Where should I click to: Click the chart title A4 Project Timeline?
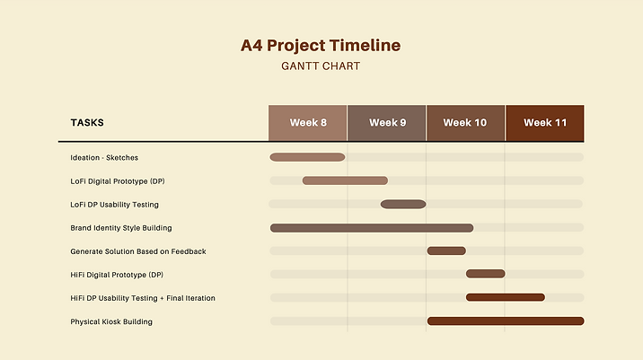pos(321,46)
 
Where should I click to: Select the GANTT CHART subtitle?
pos(321,66)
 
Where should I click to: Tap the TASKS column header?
pos(87,123)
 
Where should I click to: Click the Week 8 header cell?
pos(308,123)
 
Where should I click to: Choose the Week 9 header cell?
pos(387,123)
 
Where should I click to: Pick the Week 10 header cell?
pos(465,123)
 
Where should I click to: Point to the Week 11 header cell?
pos(545,123)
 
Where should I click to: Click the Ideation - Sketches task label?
pos(104,158)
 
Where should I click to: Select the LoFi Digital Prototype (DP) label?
pos(118,181)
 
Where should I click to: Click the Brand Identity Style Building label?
pos(121,228)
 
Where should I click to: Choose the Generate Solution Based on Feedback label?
pos(138,251)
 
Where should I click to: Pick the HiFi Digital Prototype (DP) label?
pos(118,275)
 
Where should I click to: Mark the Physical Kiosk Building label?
pos(111,321)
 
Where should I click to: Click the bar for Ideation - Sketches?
pos(307,157)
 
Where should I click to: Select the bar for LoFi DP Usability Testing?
pos(403,204)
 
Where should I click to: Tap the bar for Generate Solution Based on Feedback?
pos(446,250)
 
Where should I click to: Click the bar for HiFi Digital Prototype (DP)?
pos(485,274)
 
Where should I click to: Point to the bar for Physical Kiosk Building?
pos(506,320)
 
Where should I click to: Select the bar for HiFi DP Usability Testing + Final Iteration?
pos(505,297)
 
